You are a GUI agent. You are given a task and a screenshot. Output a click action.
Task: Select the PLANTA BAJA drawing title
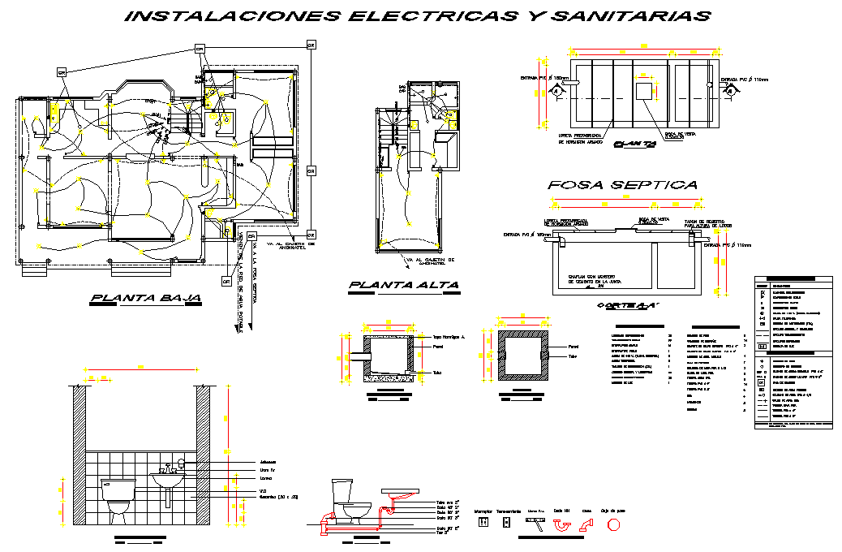147,298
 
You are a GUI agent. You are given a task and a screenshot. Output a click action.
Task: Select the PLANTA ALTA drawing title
404,286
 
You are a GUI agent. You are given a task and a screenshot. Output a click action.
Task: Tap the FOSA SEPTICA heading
622,185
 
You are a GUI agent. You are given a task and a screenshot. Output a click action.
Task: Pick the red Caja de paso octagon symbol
613,524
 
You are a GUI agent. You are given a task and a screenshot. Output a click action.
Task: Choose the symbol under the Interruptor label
483,523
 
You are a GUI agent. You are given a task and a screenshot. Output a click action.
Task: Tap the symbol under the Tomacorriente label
507,523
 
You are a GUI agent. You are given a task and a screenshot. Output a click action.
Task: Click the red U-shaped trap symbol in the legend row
561,524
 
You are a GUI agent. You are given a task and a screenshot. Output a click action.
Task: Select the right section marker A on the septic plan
730,92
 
